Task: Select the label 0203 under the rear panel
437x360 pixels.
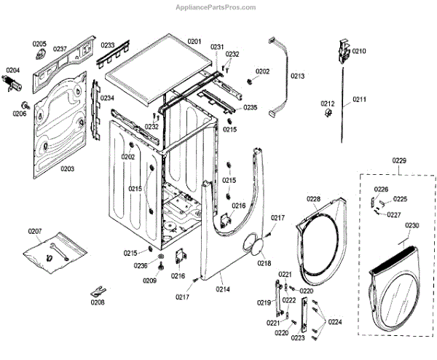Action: (67, 168)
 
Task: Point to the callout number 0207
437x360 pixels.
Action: (36, 231)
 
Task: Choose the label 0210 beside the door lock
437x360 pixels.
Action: (359, 51)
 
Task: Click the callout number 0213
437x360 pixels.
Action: (298, 76)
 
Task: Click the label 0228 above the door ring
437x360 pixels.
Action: (313, 199)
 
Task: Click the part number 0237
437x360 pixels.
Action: (60, 49)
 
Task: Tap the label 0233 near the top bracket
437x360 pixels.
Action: (107, 44)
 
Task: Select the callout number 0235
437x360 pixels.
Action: (251, 107)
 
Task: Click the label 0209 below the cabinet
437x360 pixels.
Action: (149, 281)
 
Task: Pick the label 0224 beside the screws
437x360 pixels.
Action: (335, 321)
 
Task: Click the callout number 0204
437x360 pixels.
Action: (14, 70)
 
